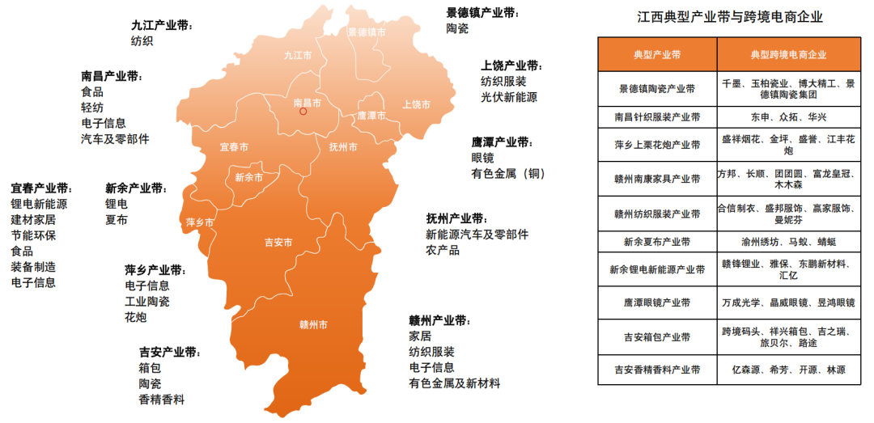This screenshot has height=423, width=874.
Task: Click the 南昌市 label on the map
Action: (307, 103)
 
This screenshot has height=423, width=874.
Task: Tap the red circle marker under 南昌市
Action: (303, 112)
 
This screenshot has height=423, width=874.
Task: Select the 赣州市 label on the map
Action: (313, 326)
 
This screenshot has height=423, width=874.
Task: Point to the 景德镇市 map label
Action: (367, 32)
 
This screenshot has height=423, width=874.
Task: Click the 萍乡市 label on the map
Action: (200, 222)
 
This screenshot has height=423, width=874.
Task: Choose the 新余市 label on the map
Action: (249, 177)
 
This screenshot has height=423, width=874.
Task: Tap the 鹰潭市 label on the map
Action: (371, 116)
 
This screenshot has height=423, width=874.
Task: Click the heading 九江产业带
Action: (162, 25)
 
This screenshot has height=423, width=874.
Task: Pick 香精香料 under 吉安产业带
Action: (162, 399)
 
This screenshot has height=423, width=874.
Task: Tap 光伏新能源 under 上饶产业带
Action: (508, 97)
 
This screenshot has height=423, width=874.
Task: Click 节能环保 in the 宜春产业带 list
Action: (33, 235)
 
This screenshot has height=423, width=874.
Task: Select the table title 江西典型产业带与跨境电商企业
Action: (736, 17)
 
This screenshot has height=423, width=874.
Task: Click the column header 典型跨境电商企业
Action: (787, 55)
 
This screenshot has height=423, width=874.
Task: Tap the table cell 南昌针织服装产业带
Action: (657, 117)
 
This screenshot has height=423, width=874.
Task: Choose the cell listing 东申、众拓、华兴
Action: (787, 117)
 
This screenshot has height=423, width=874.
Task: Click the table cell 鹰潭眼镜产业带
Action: (657, 302)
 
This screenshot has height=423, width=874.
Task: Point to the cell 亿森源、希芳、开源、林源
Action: (787, 370)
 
